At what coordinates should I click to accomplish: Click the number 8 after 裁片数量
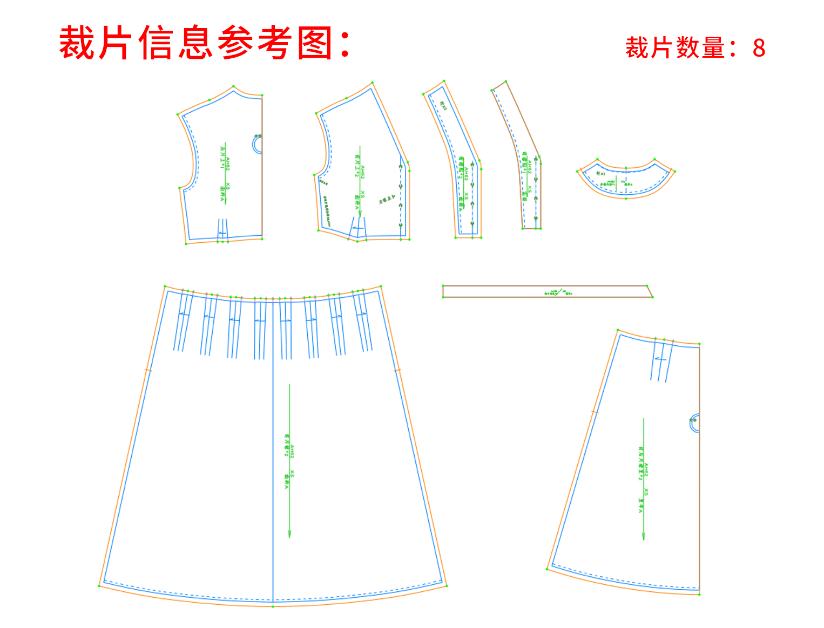[759, 49]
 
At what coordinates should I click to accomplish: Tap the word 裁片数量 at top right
[675, 49]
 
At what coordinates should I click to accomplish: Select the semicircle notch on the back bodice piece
[257, 145]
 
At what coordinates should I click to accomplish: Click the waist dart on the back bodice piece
[222, 229]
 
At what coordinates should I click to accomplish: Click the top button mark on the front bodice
[401, 167]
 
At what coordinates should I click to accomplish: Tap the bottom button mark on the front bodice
[401, 224]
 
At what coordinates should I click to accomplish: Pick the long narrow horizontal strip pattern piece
[548, 291]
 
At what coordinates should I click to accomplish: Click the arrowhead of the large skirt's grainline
[289, 534]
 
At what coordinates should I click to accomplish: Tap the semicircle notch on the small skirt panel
[694, 423]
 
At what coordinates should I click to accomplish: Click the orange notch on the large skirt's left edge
[148, 370]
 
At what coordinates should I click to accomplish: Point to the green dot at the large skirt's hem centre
[273, 607]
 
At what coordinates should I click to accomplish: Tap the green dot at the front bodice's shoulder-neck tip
[373, 83]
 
